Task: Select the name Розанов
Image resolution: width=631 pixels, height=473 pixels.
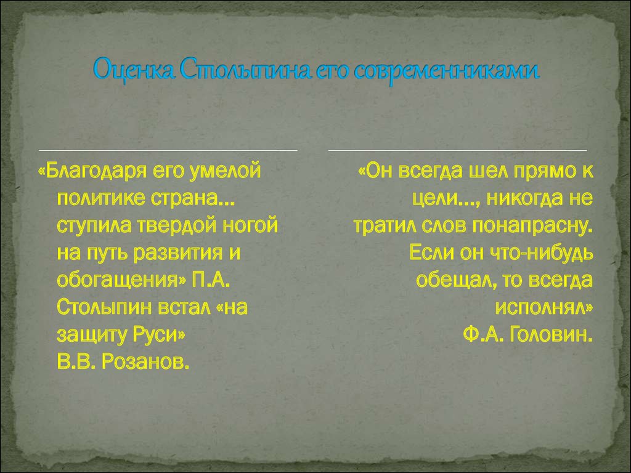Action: pyautogui.click(x=145, y=362)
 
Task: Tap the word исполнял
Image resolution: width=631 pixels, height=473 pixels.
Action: pyautogui.click(x=544, y=308)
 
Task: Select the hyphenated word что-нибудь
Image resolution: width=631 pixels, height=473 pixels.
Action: pyautogui.click(x=541, y=253)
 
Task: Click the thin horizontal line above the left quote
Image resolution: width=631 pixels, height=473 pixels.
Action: pyautogui.click(x=168, y=150)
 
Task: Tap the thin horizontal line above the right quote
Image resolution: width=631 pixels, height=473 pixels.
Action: pyautogui.click(x=458, y=150)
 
